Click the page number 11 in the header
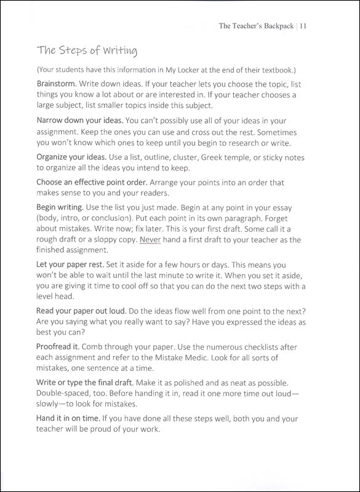click(304, 26)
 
